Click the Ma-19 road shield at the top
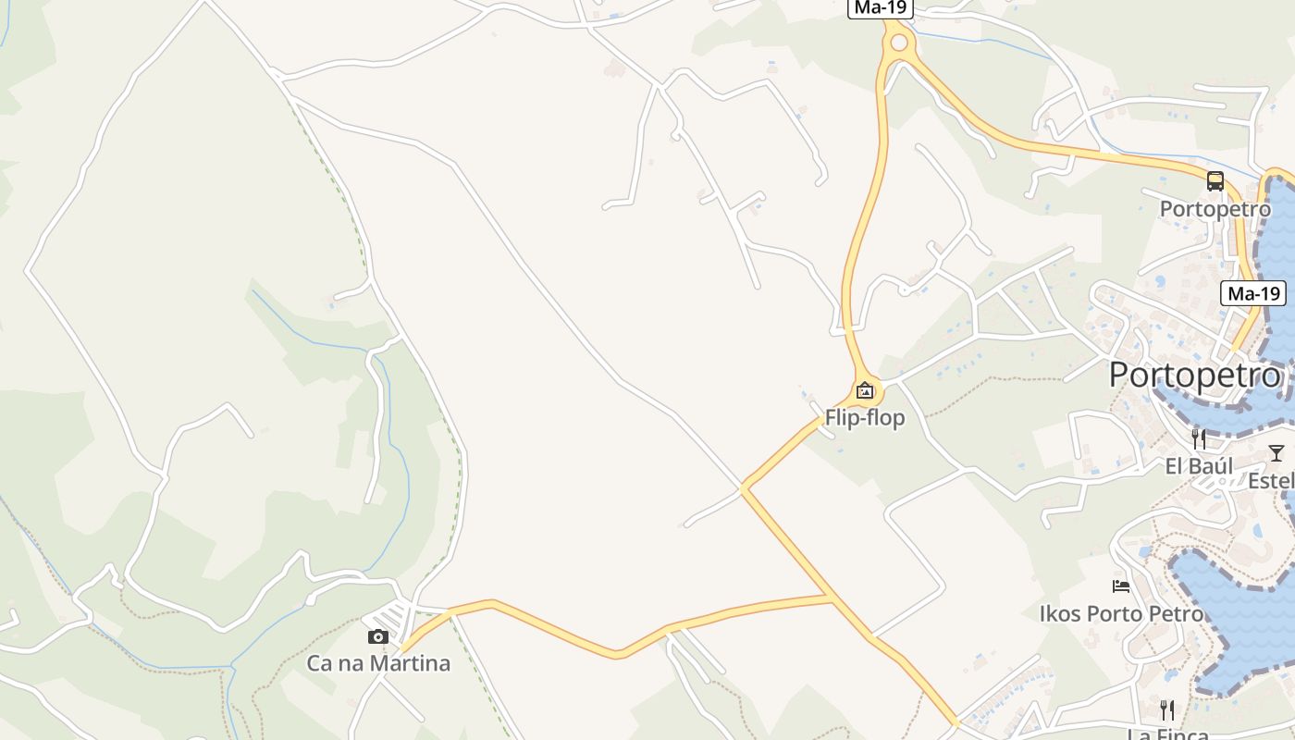pos(881,7)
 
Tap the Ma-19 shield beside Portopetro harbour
pos(1254,294)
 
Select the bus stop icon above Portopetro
pos(1215,181)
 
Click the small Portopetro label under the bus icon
pos(1215,209)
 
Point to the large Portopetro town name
pos(1195,376)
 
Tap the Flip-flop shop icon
pos(865,390)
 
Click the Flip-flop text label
pos(865,418)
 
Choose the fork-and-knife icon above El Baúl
pos(1199,438)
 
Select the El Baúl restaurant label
pos(1199,466)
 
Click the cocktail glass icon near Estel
pos(1276,452)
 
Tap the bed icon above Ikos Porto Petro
pos(1121,586)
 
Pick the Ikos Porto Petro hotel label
pos(1121,614)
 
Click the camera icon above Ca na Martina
pos(378,636)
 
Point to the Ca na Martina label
pos(378,663)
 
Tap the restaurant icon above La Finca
pos(1167,710)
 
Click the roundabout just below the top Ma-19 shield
pos(898,42)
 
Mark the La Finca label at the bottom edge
pos(1167,734)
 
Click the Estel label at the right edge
pos(1271,481)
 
